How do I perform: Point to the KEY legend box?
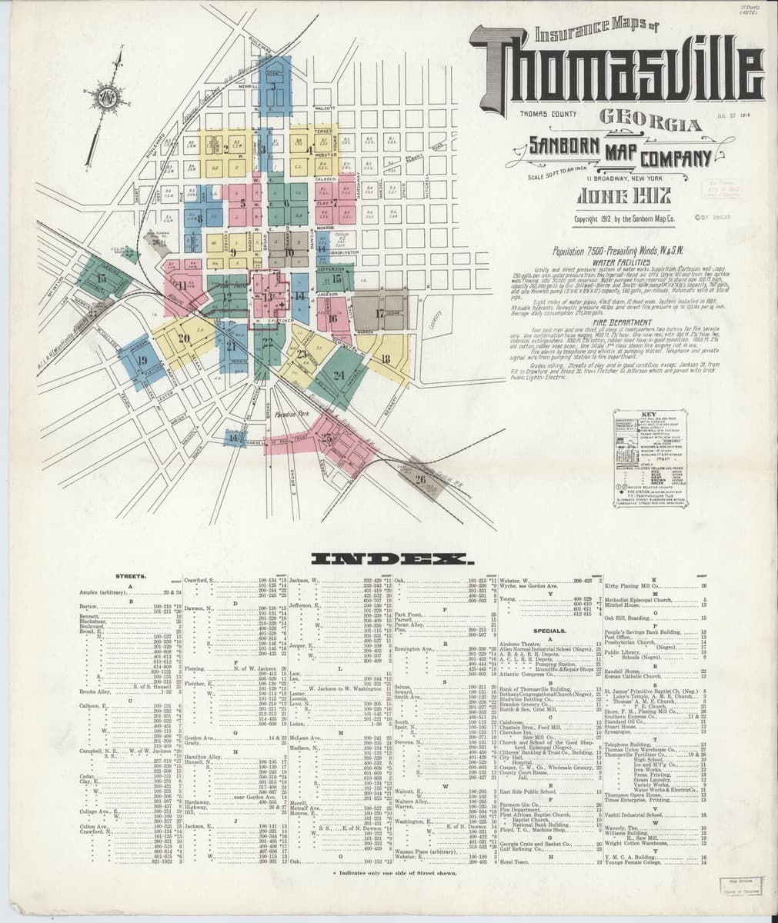point(650,458)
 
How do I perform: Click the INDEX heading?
point(389,558)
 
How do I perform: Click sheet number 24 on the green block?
point(339,375)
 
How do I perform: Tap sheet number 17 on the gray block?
point(379,313)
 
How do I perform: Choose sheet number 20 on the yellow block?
point(183,338)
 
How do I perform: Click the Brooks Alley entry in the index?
point(94,691)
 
